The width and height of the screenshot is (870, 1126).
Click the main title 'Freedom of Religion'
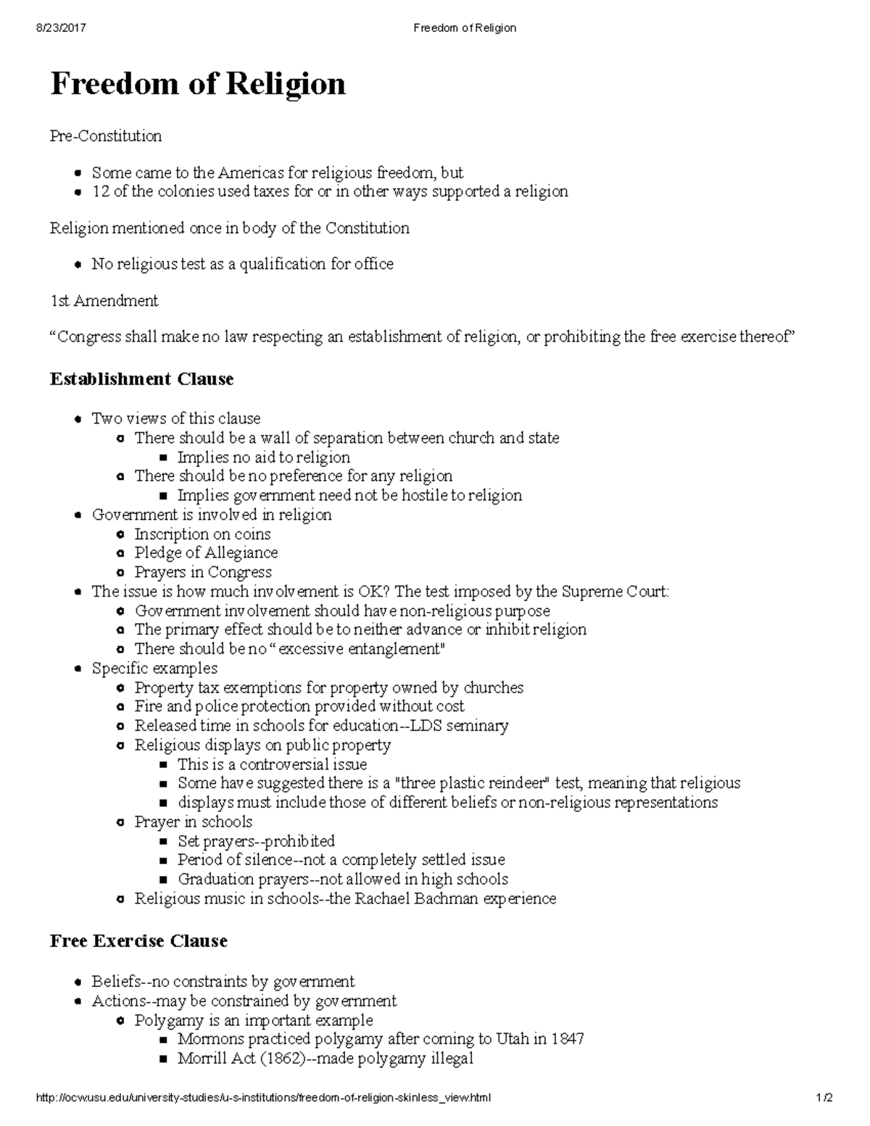(x=197, y=84)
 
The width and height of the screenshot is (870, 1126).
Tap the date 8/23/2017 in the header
(x=60, y=28)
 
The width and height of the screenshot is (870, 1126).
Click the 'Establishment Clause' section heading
(x=141, y=379)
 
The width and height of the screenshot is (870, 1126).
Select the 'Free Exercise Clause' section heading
(x=138, y=941)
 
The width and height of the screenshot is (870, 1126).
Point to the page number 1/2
(x=824, y=1098)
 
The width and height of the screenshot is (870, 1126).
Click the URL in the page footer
(x=262, y=1098)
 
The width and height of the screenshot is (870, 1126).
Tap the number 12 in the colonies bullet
(x=99, y=191)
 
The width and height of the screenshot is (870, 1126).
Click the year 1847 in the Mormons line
(x=567, y=1039)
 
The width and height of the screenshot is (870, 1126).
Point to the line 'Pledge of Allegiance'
(x=206, y=553)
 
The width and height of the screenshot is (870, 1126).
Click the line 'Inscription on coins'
(x=202, y=534)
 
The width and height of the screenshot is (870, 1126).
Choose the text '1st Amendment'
(x=104, y=301)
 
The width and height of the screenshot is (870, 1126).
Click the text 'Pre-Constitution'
(x=106, y=136)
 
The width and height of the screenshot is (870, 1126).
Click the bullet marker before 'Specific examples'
(x=78, y=669)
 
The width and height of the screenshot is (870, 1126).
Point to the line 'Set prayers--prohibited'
(x=256, y=841)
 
